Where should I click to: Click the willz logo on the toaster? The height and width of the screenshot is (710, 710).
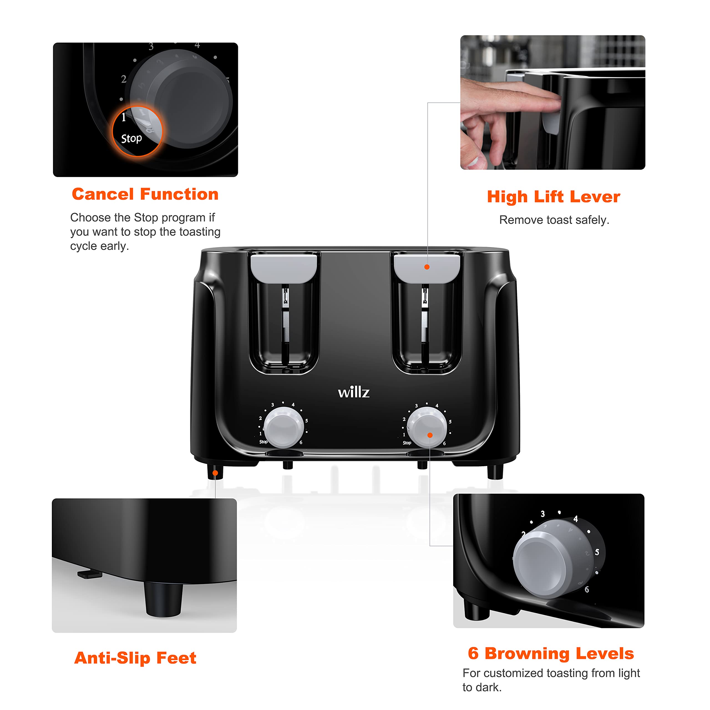click(354, 392)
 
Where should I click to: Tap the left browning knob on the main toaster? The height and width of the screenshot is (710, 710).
click(283, 427)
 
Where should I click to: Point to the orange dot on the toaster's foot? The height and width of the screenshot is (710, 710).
click(215, 473)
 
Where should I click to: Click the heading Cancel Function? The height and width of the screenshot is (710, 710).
click(145, 194)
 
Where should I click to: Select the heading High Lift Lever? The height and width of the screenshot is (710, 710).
click(554, 197)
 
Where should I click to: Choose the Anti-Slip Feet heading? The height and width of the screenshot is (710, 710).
click(135, 658)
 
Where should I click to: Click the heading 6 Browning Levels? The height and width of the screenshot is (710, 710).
click(551, 653)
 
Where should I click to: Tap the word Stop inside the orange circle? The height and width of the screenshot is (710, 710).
click(131, 139)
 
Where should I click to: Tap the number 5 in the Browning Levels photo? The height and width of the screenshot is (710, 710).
click(597, 552)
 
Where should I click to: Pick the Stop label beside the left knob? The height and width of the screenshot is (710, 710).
click(263, 442)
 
